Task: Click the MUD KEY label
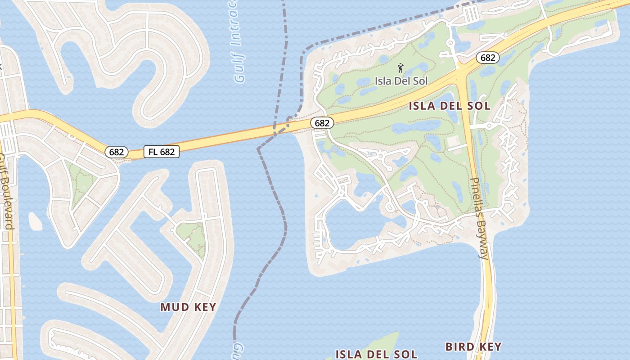tap(188, 307)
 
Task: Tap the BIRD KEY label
tap(473, 346)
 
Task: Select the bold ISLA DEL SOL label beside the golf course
tap(449, 106)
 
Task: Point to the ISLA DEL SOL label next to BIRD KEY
tap(376, 354)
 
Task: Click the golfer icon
tap(400, 68)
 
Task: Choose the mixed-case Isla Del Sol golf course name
tap(401, 81)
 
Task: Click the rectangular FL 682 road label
tap(162, 152)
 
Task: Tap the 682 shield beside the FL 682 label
tap(116, 152)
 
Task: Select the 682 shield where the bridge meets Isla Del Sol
tap(322, 123)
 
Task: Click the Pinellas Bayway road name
tap(479, 218)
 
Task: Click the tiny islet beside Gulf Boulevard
tap(35, 221)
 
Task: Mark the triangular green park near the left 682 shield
tap(81, 182)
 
